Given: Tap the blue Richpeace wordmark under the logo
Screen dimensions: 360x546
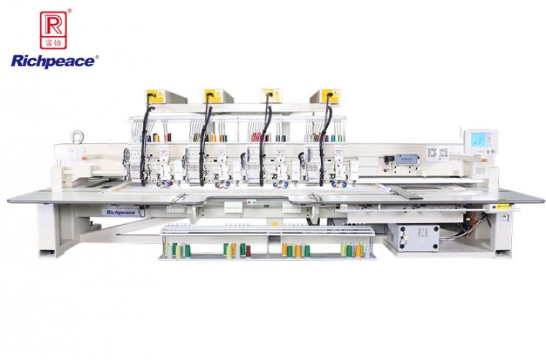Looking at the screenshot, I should (x=54, y=61).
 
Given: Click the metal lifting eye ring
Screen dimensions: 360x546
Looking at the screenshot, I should (x=78, y=136).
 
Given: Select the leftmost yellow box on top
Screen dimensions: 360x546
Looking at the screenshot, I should (x=154, y=96).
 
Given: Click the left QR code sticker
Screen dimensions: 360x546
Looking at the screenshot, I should (x=432, y=152).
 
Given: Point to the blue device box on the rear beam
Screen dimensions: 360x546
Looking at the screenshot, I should (x=407, y=158).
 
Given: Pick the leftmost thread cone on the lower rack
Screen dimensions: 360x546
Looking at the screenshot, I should (x=166, y=250).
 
